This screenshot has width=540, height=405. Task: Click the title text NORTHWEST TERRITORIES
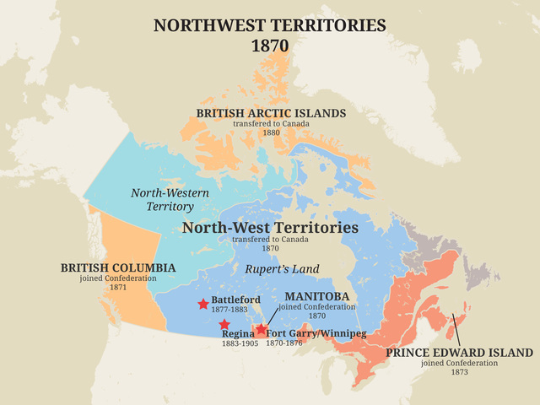270,25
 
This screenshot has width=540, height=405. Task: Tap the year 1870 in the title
270,46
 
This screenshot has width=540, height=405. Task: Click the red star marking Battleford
203,304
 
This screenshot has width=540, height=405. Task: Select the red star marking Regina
224,324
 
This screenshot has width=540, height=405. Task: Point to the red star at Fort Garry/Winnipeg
262,329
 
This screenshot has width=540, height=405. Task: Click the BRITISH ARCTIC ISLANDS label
271,113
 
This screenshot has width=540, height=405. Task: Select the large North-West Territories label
270,228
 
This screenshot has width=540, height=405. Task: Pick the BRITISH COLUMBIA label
118,267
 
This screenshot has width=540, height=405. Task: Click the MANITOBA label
317,297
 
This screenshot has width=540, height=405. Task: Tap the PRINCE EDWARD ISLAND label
459,352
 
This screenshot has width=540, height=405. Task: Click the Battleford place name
235,300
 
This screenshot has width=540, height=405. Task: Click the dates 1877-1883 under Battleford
229,310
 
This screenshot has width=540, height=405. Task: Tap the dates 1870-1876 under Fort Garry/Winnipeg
286,343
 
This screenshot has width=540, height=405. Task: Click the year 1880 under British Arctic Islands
271,133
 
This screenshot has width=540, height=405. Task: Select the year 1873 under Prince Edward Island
459,373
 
